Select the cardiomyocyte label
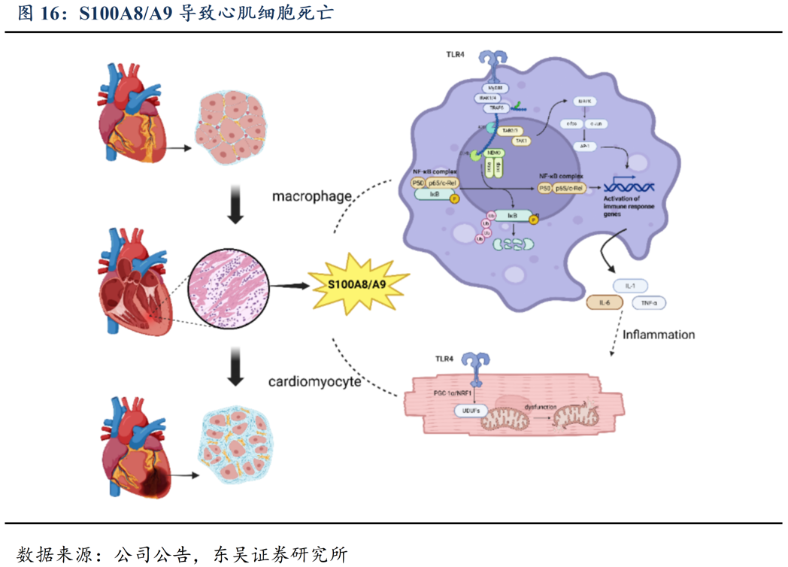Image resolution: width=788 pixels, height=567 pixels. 315,381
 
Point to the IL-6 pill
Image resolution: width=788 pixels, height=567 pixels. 605,302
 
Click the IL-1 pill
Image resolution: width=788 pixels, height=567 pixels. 630,286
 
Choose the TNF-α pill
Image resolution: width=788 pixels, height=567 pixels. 649,303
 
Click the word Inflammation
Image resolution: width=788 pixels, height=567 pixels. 659,334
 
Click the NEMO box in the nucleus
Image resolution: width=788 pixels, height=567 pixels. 494,153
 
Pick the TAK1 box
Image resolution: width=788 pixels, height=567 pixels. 520,141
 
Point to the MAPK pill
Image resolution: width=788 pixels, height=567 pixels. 583,101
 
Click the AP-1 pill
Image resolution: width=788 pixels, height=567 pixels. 583,147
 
